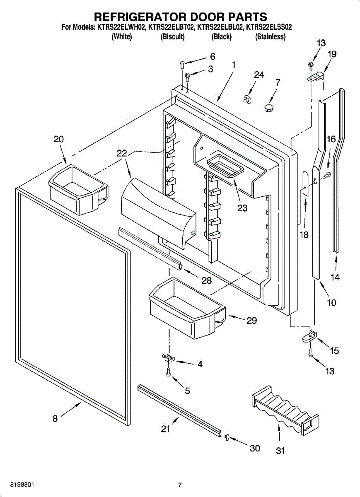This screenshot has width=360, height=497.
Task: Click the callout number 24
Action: (x=259, y=75)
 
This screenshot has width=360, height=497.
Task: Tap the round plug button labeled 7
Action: (x=269, y=108)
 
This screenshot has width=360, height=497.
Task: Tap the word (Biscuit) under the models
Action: (x=172, y=36)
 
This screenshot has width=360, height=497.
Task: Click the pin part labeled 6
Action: (x=181, y=65)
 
